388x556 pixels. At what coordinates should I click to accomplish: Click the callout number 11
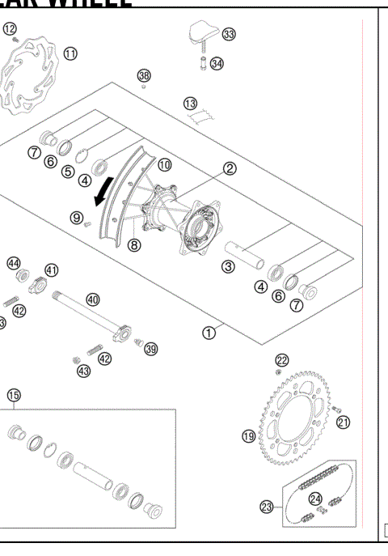pos(71,53)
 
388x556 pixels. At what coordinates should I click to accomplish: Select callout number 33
pos(229,34)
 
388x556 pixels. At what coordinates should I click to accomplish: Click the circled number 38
pos(144,75)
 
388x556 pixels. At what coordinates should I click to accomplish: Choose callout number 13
pos(190,104)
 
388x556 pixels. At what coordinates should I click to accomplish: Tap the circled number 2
pos(230,168)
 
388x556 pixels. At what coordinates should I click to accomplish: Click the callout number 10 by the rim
pos(164,164)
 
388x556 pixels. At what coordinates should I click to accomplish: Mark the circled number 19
pos(249,436)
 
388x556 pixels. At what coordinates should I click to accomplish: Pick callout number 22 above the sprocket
pos(281,359)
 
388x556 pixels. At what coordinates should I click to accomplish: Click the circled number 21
pos(344,421)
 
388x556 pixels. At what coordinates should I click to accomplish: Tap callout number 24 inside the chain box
pos(317,499)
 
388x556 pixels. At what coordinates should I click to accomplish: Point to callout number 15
pos(14,395)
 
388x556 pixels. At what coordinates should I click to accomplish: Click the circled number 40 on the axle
pos(93,299)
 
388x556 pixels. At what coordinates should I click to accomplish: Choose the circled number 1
pos(209,331)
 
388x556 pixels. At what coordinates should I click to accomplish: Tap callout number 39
pos(150,349)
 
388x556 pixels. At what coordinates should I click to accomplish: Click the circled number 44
pos(14,263)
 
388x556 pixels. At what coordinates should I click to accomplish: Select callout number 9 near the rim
pos(76,217)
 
